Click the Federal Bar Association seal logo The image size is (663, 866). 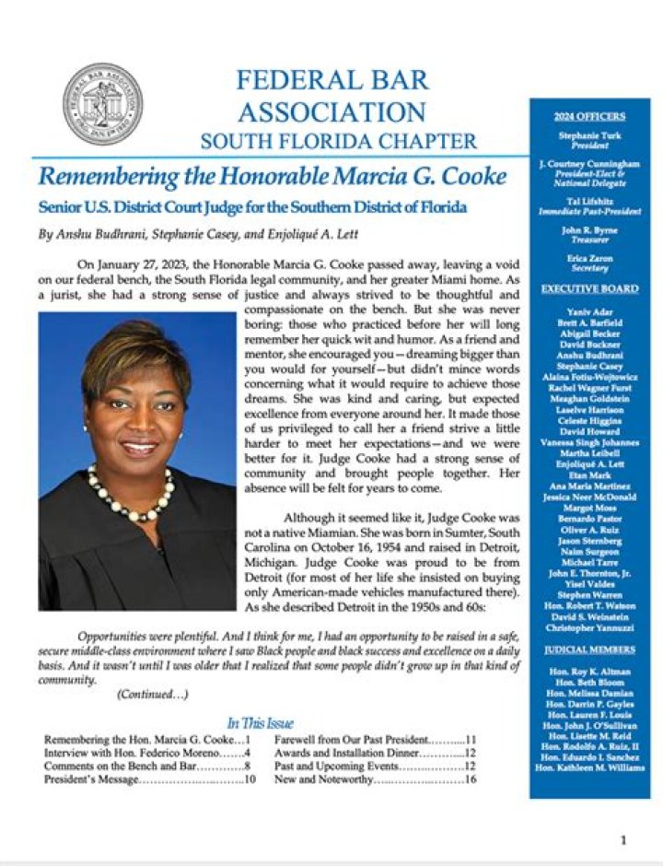102,104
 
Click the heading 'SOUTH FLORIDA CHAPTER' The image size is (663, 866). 339,142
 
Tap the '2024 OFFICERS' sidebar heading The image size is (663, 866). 589,117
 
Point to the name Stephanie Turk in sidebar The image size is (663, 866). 589,135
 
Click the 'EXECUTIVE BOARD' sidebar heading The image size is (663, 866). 589,288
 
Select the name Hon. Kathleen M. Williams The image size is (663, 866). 589,767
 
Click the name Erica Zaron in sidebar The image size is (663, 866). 589,260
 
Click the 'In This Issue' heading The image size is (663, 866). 260,723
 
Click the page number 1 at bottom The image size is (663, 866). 623,839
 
